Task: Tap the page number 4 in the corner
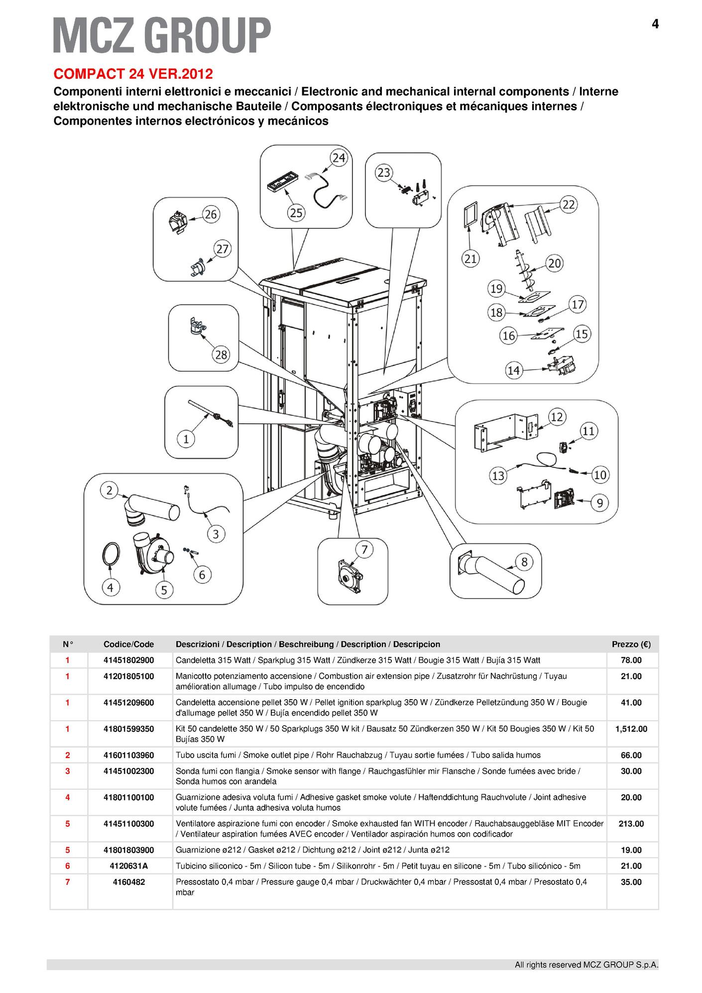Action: tap(655, 24)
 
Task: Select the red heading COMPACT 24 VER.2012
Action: tap(133, 74)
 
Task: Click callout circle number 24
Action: tap(339, 158)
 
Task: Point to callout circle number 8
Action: tap(524, 562)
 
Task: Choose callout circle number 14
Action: tap(513, 370)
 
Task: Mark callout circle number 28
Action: tap(221, 355)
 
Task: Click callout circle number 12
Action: tap(557, 416)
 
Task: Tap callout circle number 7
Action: tap(364, 550)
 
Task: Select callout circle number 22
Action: tap(569, 204)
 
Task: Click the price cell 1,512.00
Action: tap(631, 729)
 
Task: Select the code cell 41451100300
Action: tap(129, 824)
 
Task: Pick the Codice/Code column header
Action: tap(129, 644)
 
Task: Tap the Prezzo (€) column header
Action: tap(631, 644)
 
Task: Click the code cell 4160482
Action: tap(129, 882)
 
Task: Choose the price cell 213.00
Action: tap(631, 824)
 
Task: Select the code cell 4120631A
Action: tap(129, 866)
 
